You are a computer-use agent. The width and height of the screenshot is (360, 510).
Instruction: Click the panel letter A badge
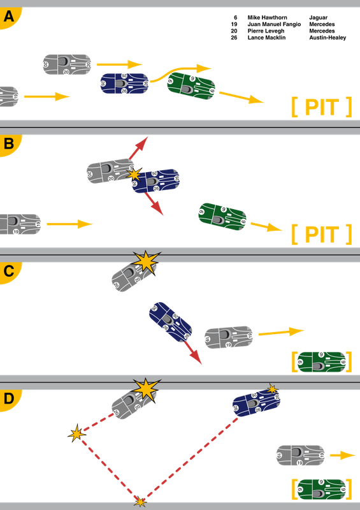(x=9, y=17)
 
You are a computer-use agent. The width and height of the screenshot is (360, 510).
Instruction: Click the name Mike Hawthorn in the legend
(x=267, y=18)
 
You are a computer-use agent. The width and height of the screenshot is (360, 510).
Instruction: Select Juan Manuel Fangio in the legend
(x=274, y=24)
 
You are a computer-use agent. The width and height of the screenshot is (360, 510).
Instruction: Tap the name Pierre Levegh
(x=266, y=31)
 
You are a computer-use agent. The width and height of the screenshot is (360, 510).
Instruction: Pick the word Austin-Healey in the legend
(x=328, y=38)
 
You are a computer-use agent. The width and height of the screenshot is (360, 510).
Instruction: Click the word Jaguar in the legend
(x=318, y=18)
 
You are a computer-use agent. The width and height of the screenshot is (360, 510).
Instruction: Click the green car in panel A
(x=191, y=86)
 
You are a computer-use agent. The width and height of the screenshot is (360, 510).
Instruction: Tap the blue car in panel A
(x=124, y=84)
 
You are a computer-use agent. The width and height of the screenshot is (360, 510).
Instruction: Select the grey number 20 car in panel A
(x=67, y=64)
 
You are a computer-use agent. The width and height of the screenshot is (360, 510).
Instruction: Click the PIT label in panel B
(x=322, y=235)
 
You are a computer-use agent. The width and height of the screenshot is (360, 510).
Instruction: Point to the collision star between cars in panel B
(x=134, y=175)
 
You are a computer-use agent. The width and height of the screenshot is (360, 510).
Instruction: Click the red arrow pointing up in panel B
(x=138, y=148)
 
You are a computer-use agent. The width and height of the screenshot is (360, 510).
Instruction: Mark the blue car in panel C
(x=170, y=322)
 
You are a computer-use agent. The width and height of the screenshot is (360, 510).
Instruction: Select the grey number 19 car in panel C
(x=229, y=337)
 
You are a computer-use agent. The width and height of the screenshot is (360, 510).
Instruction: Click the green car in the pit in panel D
(x=322, y=490)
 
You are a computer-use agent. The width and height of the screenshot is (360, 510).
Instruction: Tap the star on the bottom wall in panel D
(x=140, y=502)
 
